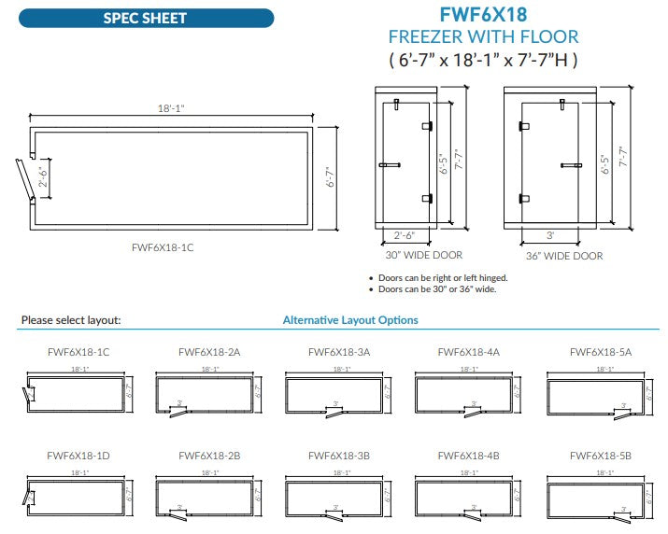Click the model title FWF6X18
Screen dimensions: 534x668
click(483, 15)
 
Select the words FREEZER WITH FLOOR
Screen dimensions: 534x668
click(483, 37)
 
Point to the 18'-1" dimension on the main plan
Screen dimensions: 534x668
click(171, 108)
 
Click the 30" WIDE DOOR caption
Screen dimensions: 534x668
click(423, 255)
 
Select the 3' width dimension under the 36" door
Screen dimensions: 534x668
click(550, 235)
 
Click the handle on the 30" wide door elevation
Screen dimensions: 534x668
click(390, 165)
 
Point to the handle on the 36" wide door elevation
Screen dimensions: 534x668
click(571, 165)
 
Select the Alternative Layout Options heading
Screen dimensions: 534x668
click(350, 320)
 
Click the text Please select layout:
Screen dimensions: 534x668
click(70, 320)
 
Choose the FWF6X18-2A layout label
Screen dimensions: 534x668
click(209, 352)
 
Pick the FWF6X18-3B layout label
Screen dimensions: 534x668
click(339, 456)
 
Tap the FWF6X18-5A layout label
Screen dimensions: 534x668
click(601, 352)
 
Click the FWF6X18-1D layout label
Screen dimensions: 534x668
click(78, 456)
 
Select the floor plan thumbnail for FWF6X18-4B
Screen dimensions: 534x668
click(467, 494)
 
